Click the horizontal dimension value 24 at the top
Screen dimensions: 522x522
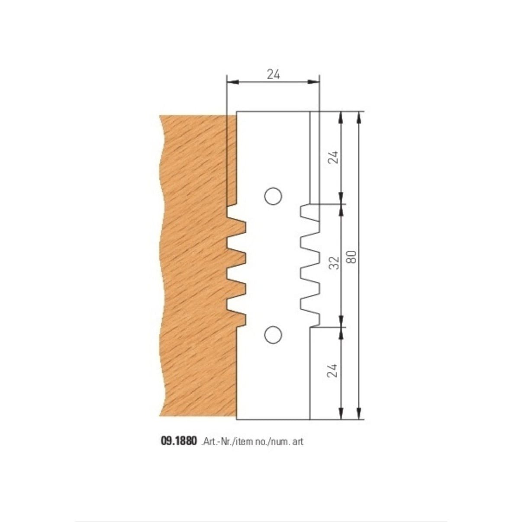point(273,74)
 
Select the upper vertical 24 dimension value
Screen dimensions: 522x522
point(333,157)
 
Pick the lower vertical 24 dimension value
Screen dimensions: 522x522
point(333,370)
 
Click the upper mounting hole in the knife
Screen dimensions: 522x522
point(273,196)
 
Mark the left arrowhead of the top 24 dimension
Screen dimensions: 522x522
point(230,81)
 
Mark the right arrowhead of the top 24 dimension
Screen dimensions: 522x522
point(316,81)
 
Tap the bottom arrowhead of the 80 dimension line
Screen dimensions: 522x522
point(359,416)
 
